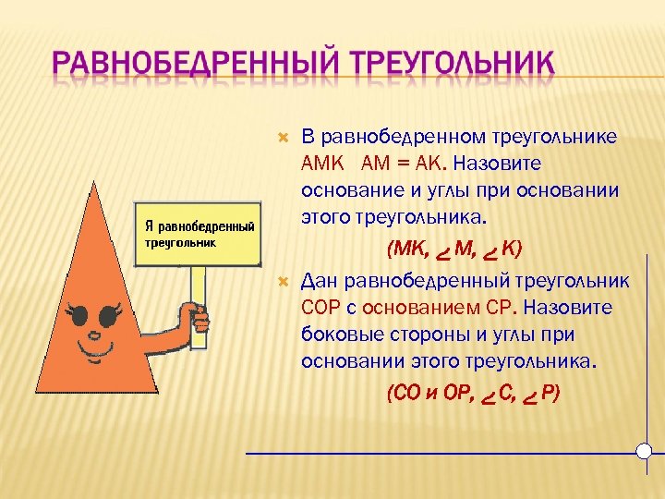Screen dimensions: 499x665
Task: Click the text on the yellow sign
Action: coord(199,234)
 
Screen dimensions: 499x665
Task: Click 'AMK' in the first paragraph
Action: coord(322,164)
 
